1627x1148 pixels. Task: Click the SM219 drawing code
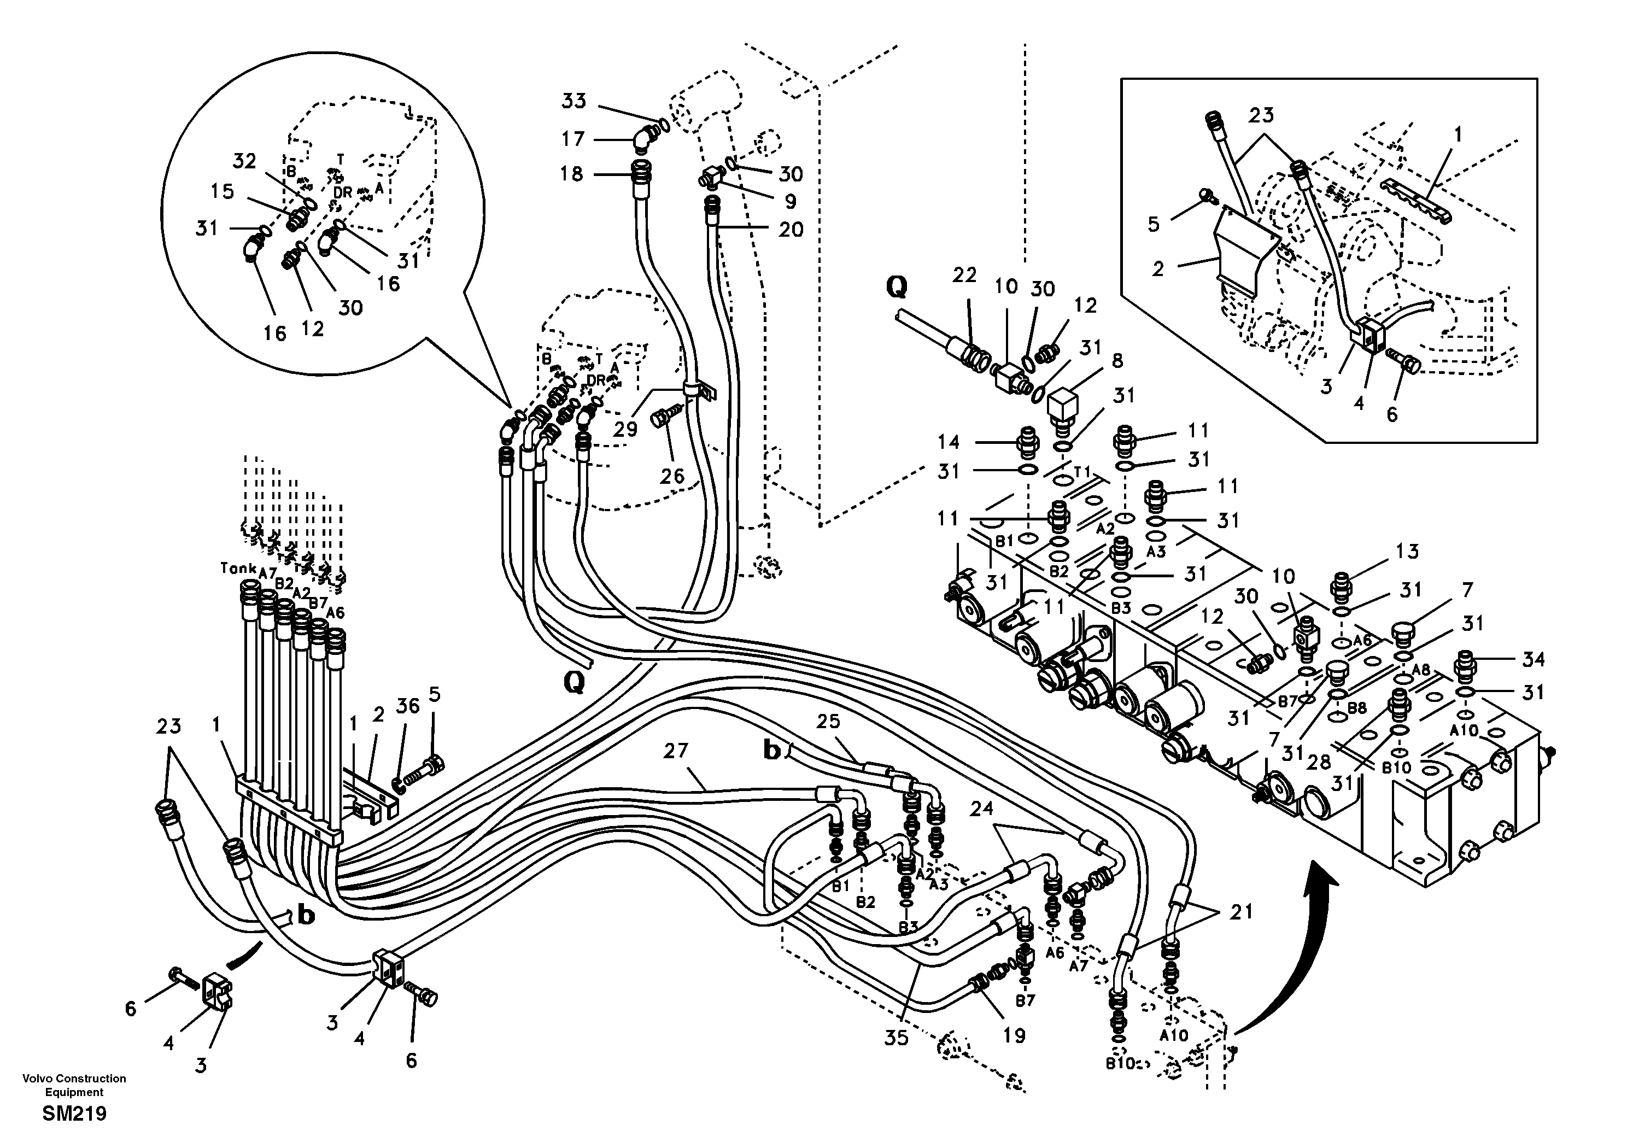click(x=74, y=1114)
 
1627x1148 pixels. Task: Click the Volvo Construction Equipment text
click(x=74, y=1085)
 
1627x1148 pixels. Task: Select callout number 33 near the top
click(x=574, y=101)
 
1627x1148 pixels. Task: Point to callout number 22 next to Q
click(x=964, y=276)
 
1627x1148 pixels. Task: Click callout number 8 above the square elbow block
click(x=1117, y=361)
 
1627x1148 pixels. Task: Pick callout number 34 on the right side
click(x=1534, y=660)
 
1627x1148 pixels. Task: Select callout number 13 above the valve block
click(x=1407, y=552)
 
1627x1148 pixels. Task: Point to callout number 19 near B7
click(x=1014, y=1036)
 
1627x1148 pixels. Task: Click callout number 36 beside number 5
click(x=407, y=705)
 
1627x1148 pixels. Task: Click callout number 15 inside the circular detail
click(x=222, y=191)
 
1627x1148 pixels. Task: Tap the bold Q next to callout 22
click(x=897, y=286)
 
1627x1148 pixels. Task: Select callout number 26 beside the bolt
click(x=672, y=476)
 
